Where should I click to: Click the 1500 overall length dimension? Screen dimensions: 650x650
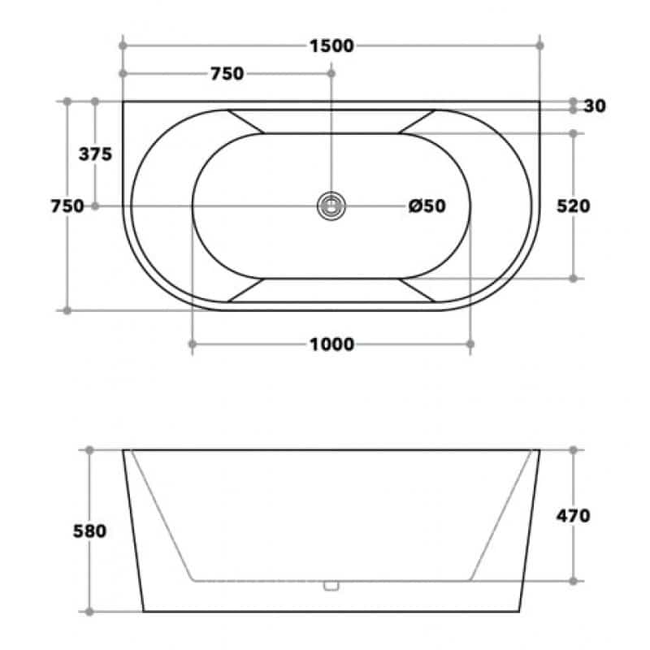(x=331, y=45)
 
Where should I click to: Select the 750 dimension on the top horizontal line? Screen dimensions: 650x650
(x=227, y=74)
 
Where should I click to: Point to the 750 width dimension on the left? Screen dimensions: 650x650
(x=67, y=206)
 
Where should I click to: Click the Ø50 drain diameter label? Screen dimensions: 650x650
(x=427, y=206)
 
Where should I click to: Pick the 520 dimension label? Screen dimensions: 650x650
(x=574, y=206)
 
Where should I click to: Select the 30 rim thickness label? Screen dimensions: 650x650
(x=595, y=106)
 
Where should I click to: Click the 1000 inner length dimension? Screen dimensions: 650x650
(x=331, y=345)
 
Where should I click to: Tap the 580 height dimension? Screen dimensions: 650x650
(x=89, y=531)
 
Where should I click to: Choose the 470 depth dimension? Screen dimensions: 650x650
(x=574, y=515)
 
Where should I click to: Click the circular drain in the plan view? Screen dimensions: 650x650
(x=331, y=206)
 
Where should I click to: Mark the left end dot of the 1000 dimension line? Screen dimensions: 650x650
(x=193, y=345)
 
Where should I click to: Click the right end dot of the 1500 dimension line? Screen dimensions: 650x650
(x=540, y=45)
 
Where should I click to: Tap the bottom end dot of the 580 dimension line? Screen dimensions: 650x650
(x=89, y=612)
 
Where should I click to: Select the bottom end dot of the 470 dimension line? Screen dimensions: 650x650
(x=574, y=581)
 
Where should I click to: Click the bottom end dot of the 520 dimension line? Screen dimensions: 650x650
(x=574, y=279)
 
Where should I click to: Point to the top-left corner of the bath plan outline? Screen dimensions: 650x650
(x=123, y=102)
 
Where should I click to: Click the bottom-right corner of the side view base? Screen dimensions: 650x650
(x=520, y=612)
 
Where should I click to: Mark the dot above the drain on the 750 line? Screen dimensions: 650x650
(x=331, y=74)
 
